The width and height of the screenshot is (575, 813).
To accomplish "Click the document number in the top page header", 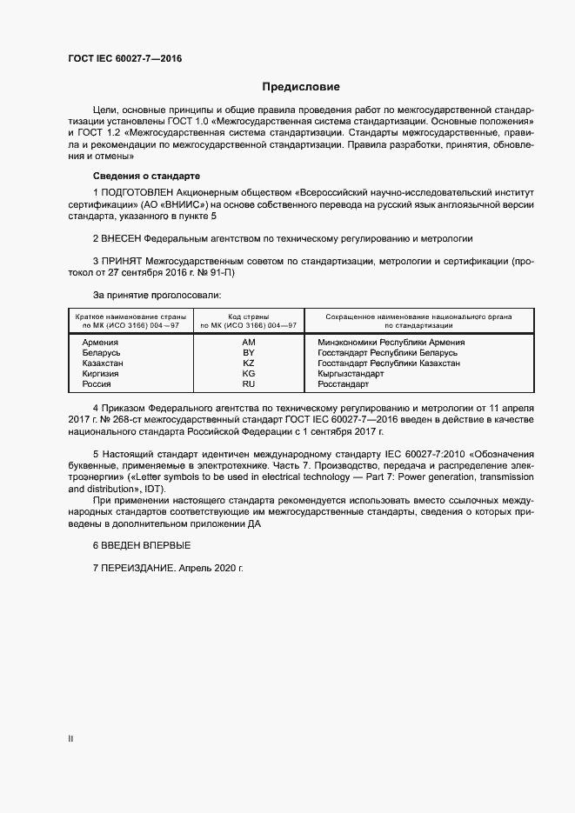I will coord(125,59).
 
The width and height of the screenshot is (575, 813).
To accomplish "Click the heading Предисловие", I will coord(301,87).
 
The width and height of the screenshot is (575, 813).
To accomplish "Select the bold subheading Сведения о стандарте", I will coord(145,175).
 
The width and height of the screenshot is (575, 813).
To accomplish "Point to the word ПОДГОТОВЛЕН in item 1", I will coord(137,191).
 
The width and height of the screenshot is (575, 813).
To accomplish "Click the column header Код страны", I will coord(248,317).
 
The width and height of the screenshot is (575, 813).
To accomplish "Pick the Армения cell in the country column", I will coord(100,343).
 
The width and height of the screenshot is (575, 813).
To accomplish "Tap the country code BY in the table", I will coord(248,353).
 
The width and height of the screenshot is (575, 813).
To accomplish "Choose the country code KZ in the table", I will coord(248,363).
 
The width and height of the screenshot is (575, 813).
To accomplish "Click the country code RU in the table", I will coord(248,383).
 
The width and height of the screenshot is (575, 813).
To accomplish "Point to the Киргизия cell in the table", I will coord(100,374).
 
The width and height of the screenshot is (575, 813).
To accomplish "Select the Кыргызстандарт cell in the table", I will coord(351,374).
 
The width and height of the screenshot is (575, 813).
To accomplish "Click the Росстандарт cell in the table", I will coord(344,383).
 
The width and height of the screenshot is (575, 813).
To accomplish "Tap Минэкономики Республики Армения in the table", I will coord(391,343).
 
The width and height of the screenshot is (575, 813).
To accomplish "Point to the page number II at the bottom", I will coord(70,738).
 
